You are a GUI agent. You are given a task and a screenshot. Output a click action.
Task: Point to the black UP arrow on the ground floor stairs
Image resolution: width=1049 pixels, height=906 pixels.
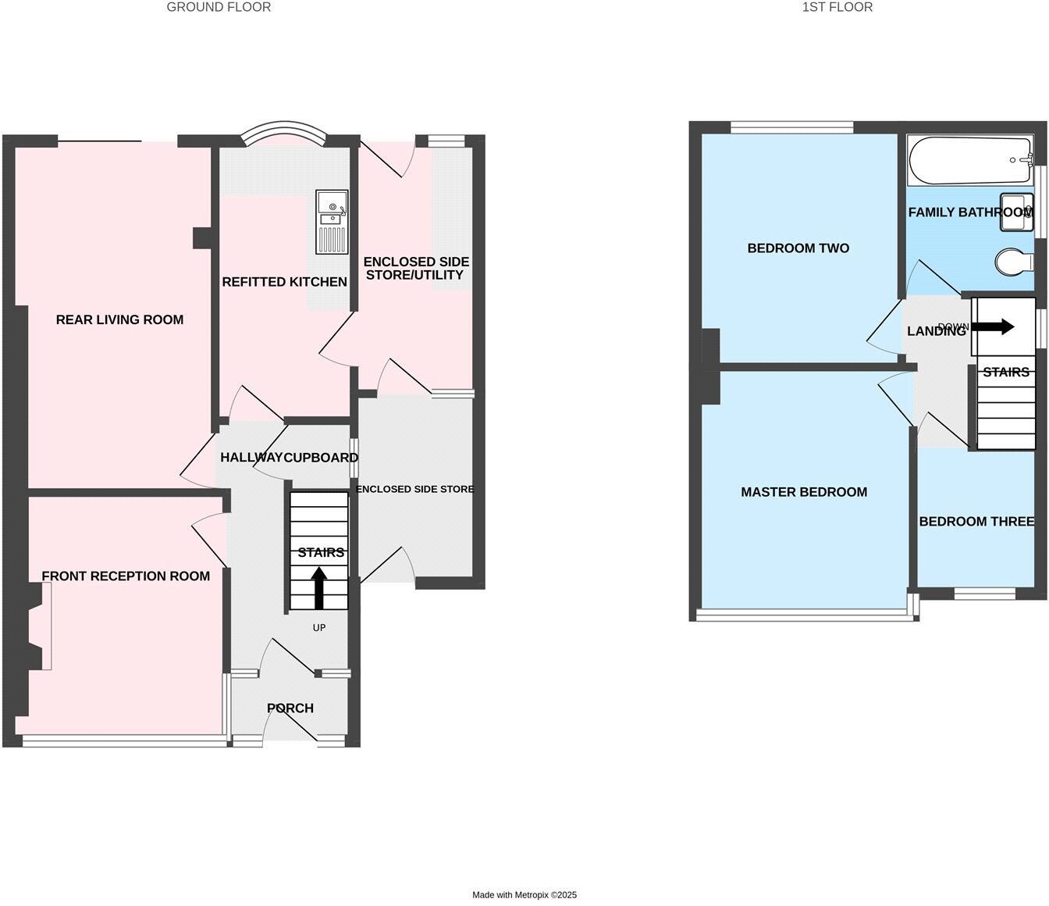coord(319,587)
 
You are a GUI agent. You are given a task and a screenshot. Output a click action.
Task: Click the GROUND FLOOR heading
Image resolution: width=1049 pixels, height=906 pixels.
coord(219,7)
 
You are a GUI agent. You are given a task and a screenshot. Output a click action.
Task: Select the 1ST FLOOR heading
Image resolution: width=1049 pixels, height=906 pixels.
coord(837,7)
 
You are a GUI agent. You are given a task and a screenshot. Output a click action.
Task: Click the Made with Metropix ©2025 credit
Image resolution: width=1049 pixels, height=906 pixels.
coord(524,895)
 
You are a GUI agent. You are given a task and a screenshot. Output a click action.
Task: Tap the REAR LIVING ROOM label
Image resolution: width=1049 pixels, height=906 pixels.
coord(119,319)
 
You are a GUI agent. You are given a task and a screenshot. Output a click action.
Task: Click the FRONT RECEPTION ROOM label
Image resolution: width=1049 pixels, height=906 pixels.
coord(126,576)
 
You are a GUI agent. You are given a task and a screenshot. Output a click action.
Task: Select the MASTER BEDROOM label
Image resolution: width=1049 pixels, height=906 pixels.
coord(804,492)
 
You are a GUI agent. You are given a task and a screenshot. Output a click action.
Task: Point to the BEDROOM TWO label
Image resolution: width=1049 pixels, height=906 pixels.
coord(798,248)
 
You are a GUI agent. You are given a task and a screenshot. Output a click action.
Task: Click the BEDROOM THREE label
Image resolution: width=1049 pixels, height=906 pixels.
coord(976,522)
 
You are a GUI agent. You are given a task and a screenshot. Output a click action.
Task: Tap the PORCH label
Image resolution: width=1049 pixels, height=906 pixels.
coord(290,708)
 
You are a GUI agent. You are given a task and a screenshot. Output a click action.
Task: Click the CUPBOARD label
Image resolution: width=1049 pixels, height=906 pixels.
coord(321,458)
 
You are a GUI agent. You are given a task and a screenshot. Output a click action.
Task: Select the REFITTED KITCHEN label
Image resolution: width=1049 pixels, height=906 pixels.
coord(284,282)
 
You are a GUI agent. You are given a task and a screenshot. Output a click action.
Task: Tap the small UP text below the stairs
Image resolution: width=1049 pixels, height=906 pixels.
coord(318,628)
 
